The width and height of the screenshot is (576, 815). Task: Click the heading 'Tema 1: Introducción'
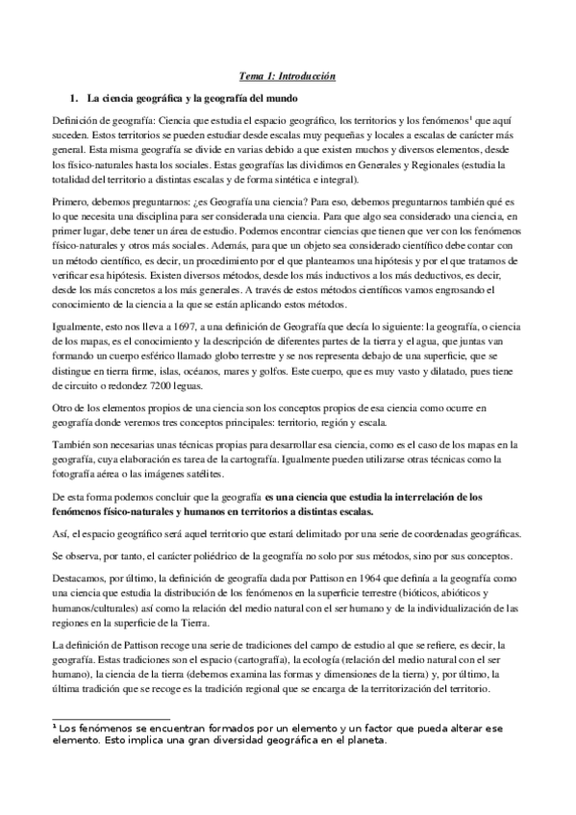[288, 75]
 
